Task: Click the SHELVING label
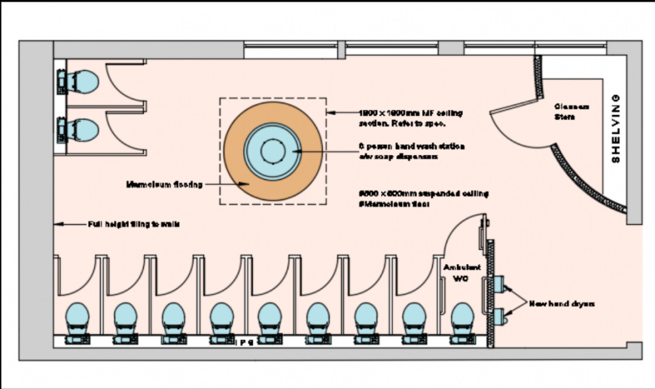(x=615, y=129)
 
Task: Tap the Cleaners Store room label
(x=571, y=111)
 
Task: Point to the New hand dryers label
(x=561, y=303)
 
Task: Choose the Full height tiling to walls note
(x=133, y=224)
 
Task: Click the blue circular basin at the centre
(x=272, y=151)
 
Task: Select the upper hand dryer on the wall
(x=499, y=284)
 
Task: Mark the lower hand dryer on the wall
(x=499, y=315)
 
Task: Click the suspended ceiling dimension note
(x=423, y=199)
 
